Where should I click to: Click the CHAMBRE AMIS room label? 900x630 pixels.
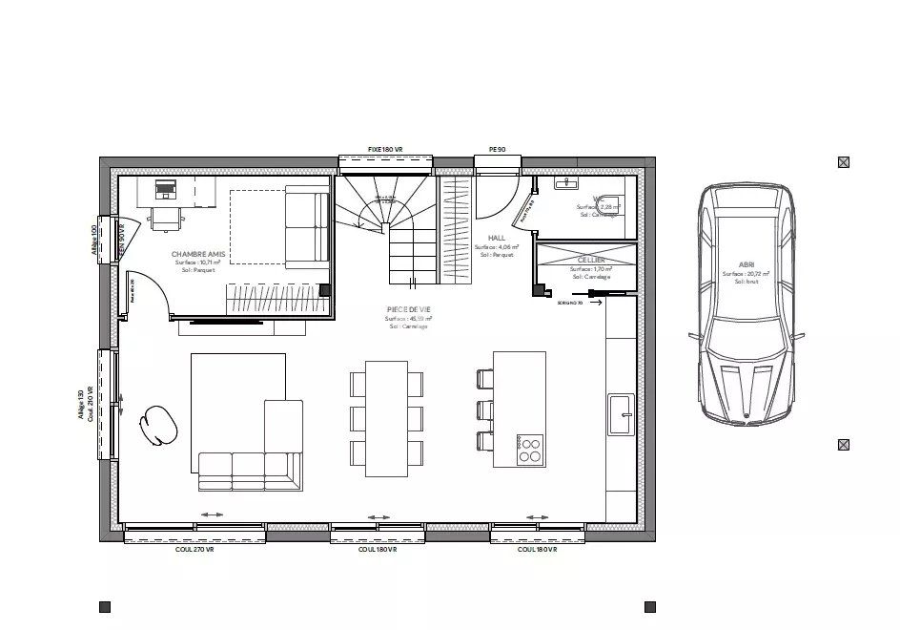(198, 255)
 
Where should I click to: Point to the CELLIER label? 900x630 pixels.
(591, 260)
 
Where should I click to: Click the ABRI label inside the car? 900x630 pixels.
(746, 265)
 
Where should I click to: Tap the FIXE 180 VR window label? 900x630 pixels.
(386, 150)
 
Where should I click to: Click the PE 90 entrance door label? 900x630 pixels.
(497, 150)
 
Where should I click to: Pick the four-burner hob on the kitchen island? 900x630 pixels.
(530, 450)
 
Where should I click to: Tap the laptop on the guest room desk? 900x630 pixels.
(166, 188)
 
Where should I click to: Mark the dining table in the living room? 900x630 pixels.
(386, 417)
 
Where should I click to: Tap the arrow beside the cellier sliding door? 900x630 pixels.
(595, 304)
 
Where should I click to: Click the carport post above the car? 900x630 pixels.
(843, 162)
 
